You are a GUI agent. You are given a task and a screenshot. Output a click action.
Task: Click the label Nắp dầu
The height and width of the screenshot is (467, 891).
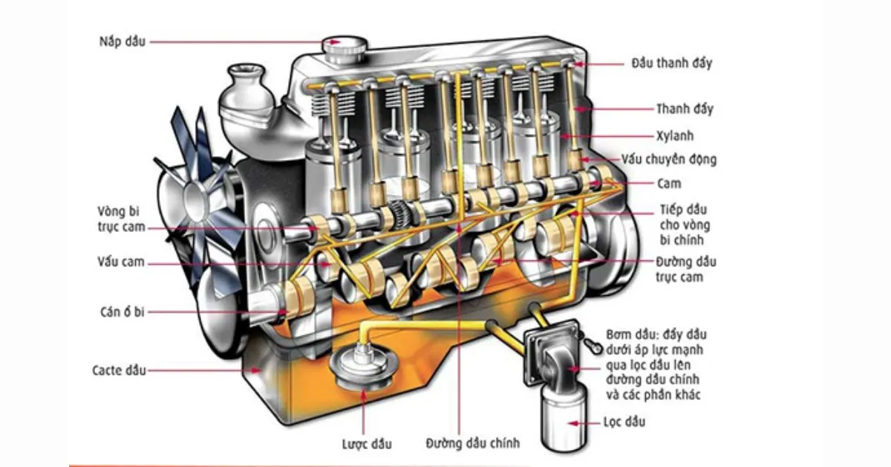tap(123, 42)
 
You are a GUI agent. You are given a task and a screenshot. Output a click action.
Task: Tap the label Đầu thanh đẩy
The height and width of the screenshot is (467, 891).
tap(671, 63)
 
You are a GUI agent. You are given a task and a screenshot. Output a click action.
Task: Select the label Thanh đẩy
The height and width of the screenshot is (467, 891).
tap(684, 109)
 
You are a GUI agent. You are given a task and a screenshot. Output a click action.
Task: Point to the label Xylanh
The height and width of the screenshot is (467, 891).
tap(674, 136)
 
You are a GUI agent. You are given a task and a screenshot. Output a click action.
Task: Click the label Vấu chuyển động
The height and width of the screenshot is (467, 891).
tap(669, 160)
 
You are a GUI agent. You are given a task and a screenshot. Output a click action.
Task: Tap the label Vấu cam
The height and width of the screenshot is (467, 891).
tap(120, 263)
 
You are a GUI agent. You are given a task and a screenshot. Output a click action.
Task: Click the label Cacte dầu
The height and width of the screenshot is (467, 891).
tap(120, 370)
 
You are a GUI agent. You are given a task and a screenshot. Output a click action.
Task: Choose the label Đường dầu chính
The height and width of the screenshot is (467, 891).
tap(473, 443)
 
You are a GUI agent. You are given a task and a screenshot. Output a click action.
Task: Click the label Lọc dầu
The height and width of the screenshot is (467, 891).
tap(624, 422)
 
